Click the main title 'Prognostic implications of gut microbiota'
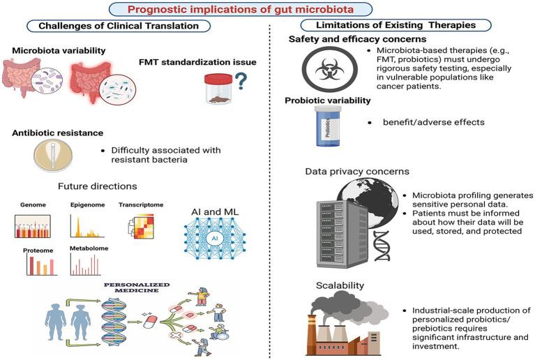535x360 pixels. click(268, 9)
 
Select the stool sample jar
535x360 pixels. click(218, 90)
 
